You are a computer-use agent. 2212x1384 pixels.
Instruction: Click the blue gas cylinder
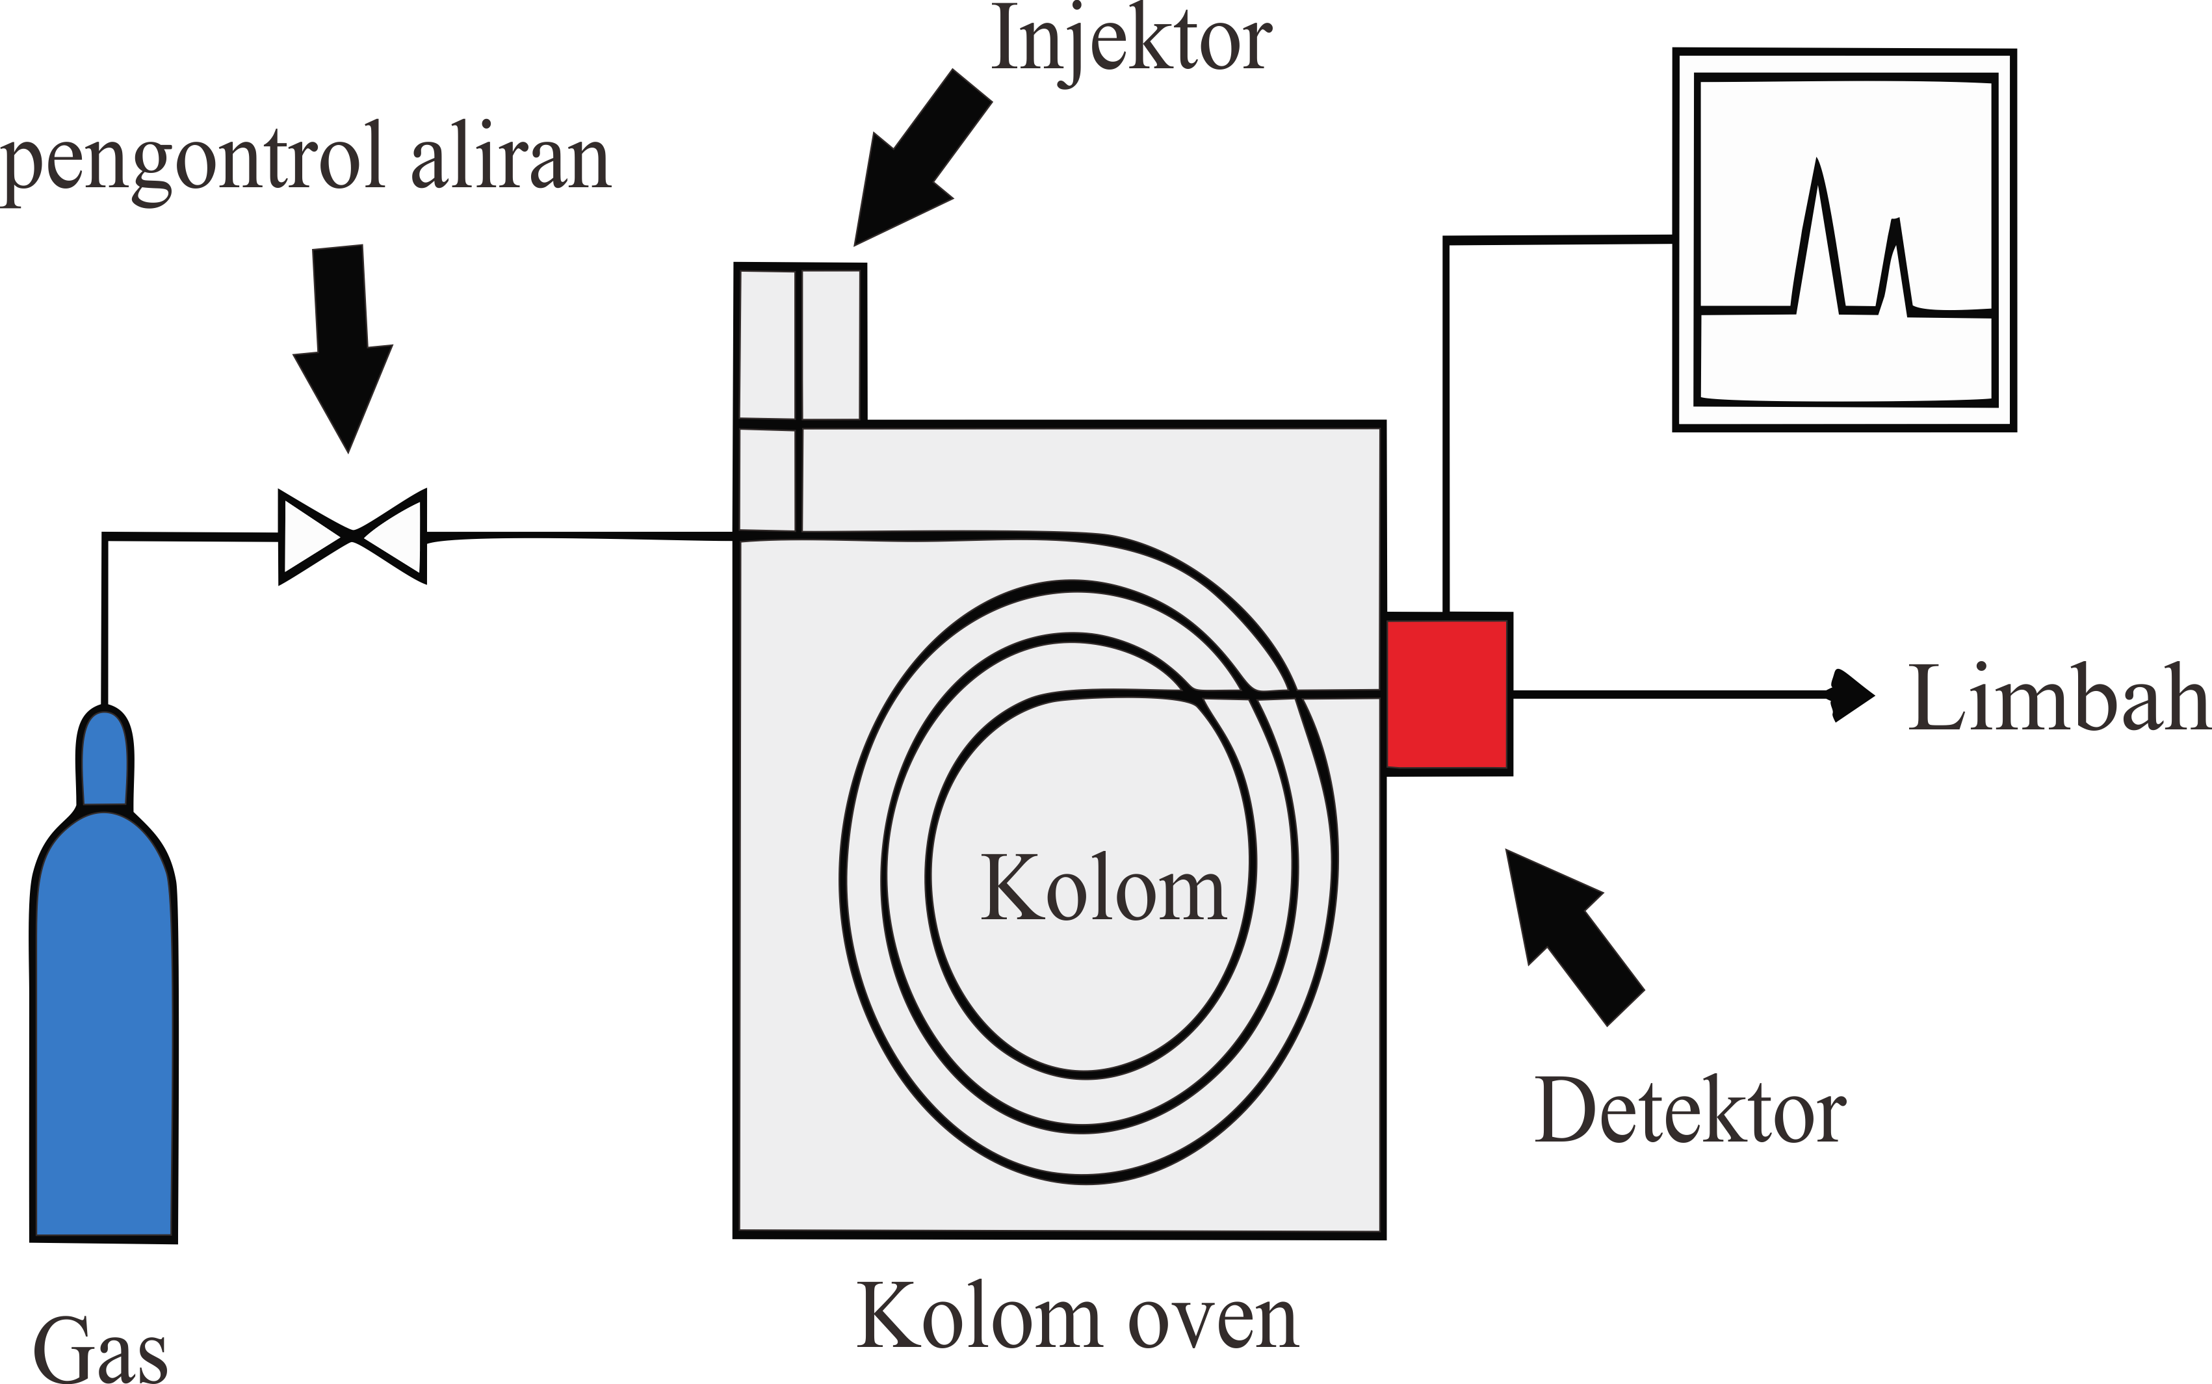(x=103, y=1025)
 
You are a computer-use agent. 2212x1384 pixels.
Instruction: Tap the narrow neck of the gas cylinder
(x=105, y=760)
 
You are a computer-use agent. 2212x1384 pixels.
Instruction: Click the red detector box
(x=1447, y=694)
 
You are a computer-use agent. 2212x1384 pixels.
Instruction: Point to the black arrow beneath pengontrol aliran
(x=343, y=348)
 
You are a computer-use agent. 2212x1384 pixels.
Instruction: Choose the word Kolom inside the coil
(x=1103, y=888)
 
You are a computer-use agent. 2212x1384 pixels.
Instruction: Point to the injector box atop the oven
(x=801, y=343)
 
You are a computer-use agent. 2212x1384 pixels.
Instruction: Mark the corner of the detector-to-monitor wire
(x=1446, y=241)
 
